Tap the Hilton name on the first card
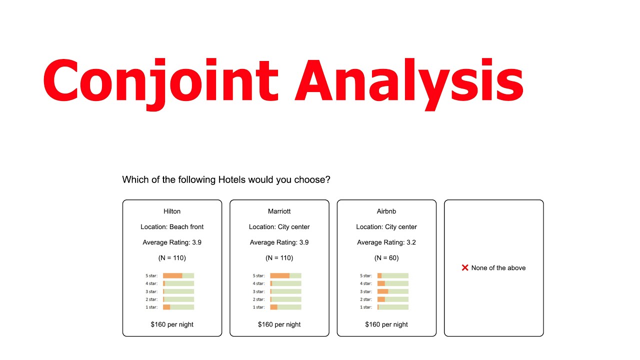coord(172,211)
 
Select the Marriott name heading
coord(279,211)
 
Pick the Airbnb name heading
coord(386,211)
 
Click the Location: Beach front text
coord(172,227)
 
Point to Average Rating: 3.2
coord(386,242)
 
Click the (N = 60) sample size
coord(386,258)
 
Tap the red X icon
coord(465,268)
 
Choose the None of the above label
coord(498,268)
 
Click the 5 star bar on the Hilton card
coord(178,275)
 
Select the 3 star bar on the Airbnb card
coord(393,291)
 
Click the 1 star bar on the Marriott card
coord(285,307)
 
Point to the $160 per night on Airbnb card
coord(386,324)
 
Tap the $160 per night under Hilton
coord(172,324)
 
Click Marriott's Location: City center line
coord(279,227)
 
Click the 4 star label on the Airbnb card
coord(366,283)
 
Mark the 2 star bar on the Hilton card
coord(178,299)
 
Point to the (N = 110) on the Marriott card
coord(279,258)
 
